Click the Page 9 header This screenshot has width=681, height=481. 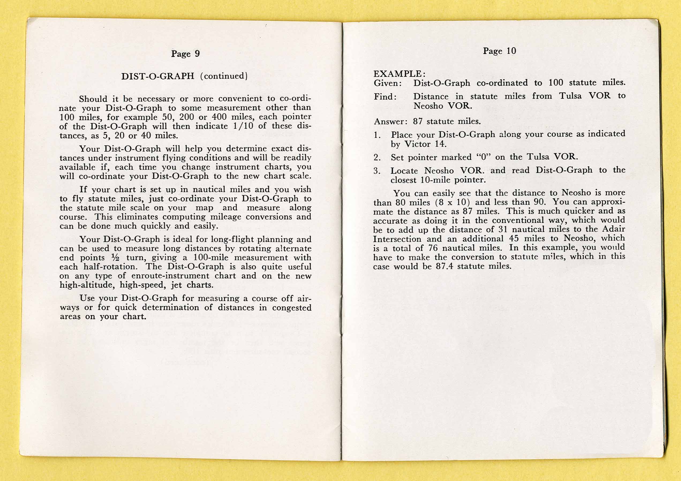tap(185, 54)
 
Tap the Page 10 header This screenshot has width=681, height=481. tap(499, 51)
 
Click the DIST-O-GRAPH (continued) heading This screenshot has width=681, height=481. tap(184, 76)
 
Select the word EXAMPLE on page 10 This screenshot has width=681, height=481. tap(397, 74)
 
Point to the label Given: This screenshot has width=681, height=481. tap(388, 83)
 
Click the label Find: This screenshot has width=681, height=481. tap(385, 97)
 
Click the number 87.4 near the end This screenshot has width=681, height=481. tap(444, 266)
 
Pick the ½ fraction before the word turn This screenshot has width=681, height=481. tap(115, 257)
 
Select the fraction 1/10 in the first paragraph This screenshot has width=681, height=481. tap(243, 126)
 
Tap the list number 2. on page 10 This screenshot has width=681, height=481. tap(377, 157)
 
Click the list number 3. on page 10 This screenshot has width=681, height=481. tap(377, 171)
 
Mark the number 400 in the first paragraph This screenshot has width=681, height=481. tap(219, 117)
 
